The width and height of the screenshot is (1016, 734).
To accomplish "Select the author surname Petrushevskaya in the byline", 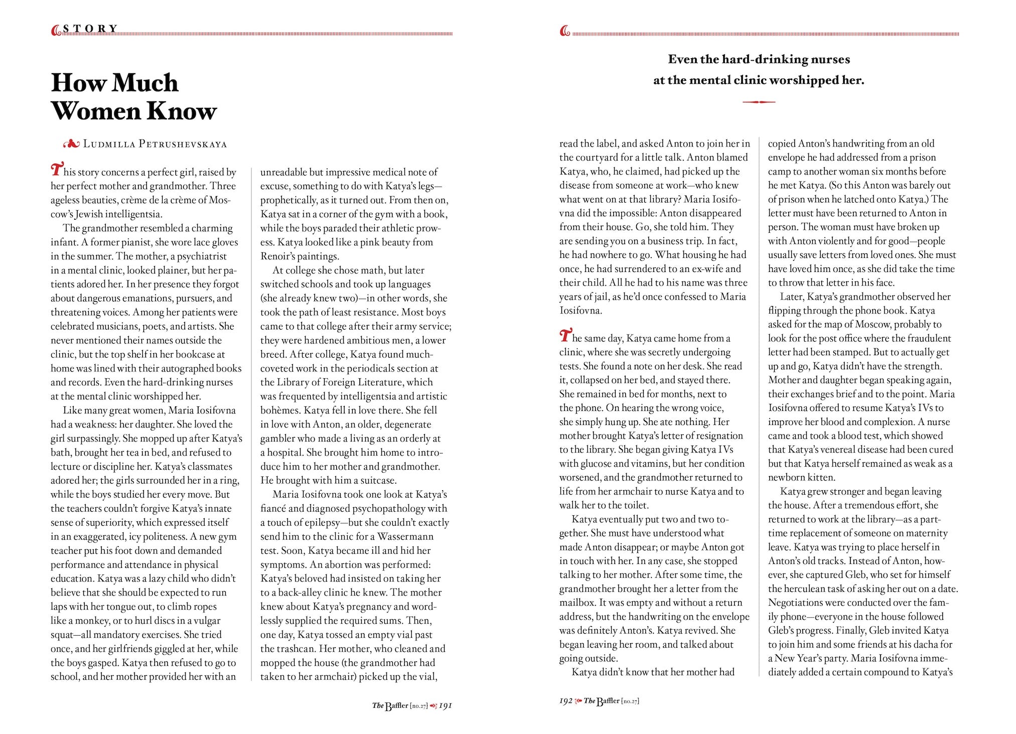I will [183, 144].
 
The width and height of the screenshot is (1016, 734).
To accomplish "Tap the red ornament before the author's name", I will [71, 144].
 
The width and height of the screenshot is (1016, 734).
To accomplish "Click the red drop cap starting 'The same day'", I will [565, 336].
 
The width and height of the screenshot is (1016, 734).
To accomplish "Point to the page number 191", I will [446, 706].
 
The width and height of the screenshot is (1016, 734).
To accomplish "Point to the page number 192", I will [565, 701].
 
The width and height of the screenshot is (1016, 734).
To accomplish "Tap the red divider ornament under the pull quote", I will [759, 102].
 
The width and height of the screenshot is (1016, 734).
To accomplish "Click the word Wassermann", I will [405, 536].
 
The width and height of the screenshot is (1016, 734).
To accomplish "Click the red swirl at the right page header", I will [564, 32].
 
